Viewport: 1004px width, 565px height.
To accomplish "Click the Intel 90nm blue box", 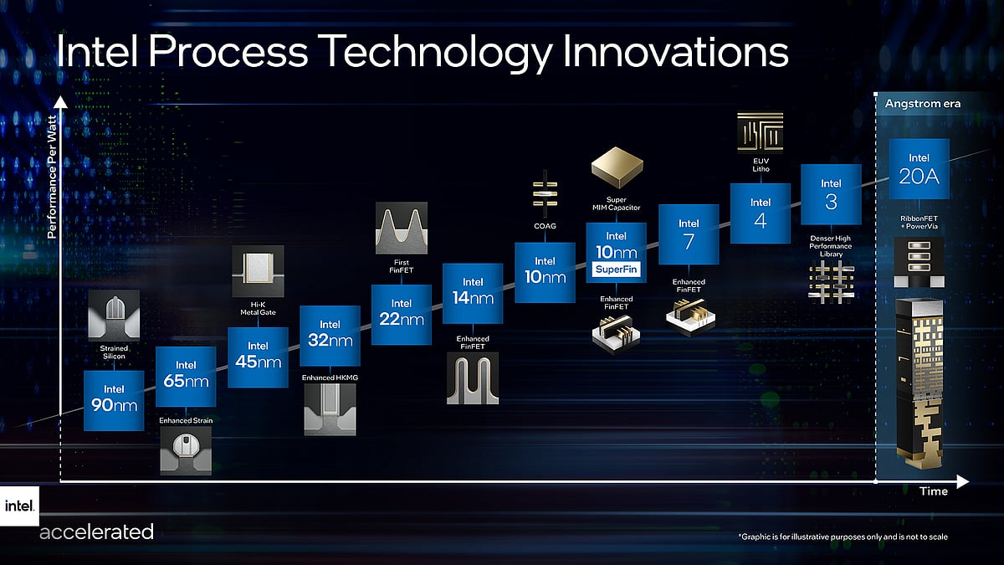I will (114, 400).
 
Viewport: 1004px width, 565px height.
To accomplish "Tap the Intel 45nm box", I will (258, 357).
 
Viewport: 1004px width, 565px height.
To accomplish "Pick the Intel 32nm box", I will (330, 336).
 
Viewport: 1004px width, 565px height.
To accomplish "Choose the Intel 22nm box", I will (401, 315).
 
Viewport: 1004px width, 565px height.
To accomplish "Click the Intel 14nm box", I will (473, 294).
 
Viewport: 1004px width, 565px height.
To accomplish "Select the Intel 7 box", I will (689, 235).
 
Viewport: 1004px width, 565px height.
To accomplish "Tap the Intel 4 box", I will (761, 213).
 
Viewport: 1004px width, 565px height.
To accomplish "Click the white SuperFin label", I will (617, 270).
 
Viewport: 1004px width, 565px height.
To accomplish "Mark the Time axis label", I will (934, 491).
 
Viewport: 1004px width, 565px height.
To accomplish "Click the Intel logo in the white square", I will (18, 506).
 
